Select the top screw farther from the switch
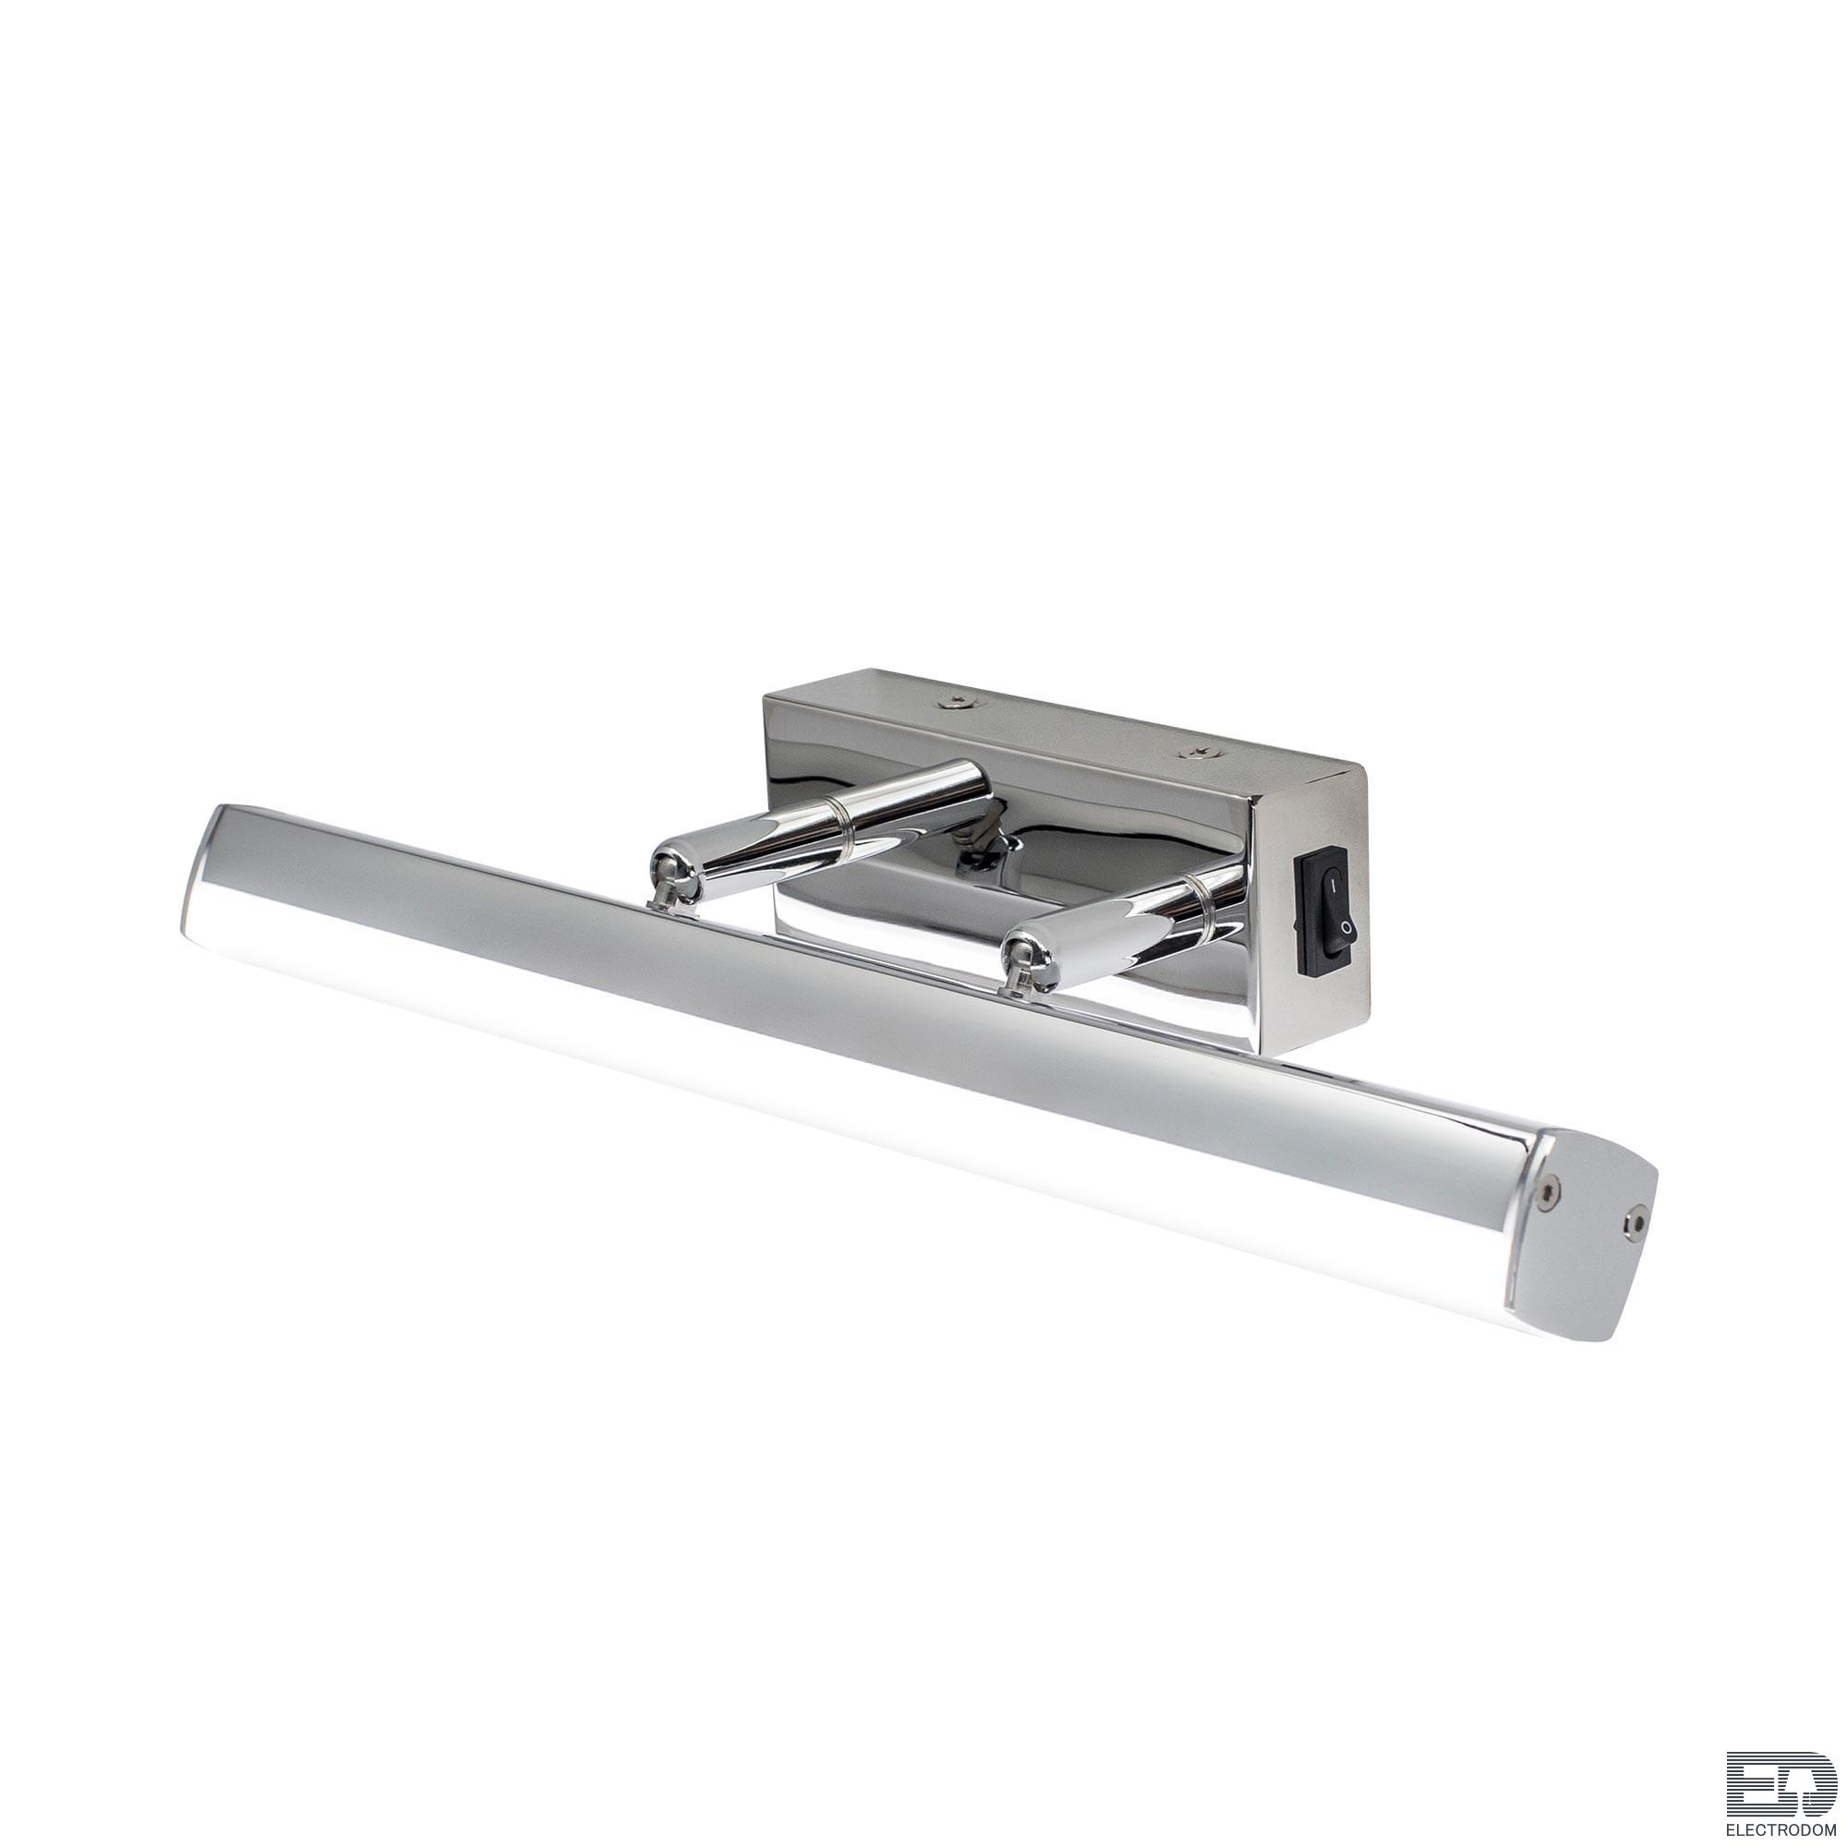click(x=957, y=702)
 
